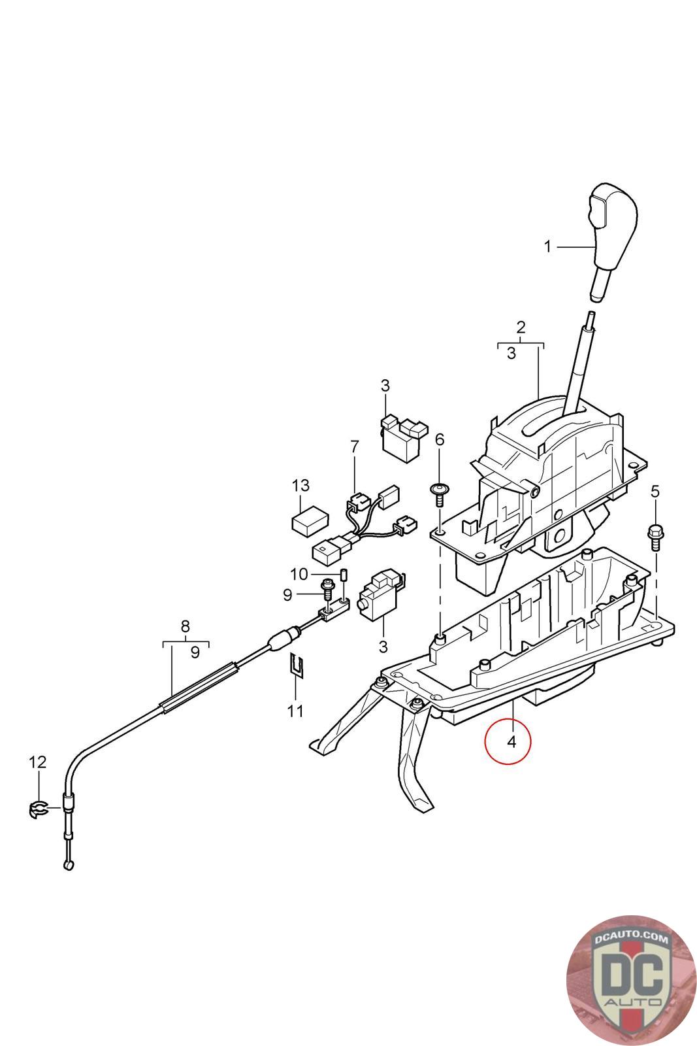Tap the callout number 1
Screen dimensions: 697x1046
[x=548, y=246]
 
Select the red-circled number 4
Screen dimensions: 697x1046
[x=511, y=741]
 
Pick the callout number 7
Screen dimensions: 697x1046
[x=354, y=447]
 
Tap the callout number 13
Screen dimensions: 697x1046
[x=300, y=486]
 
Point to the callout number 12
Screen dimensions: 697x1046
[x=38, y=762]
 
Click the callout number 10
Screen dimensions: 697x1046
[x=299, y=574]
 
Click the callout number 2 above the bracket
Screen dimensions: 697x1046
[x=521, y=327]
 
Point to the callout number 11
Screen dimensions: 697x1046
[x=295, y=711]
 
